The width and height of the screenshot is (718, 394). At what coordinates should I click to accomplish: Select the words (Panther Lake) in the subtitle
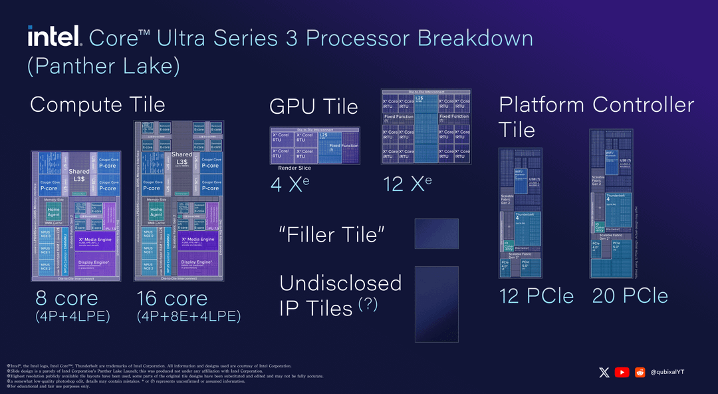(x=104, y=67)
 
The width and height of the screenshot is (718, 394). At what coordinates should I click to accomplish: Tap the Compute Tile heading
(x=97, y=104)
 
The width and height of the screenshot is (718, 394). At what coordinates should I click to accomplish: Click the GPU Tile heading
(x=313, y=106)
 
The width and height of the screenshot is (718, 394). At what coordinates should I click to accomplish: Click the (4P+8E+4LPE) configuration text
(x=188, y=317)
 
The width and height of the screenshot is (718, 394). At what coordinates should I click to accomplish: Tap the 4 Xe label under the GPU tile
(x=290, y=184)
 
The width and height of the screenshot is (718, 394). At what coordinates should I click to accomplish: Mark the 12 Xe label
(x=408, y=184)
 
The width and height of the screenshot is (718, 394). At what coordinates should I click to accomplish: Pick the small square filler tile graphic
(x=437, y=233)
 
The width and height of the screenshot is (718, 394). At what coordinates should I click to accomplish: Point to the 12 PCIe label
(x=537, y=296)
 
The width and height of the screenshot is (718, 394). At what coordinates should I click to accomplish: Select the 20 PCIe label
(x=630, y=296)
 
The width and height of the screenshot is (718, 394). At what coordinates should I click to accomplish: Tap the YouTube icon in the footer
(x=622, y=373)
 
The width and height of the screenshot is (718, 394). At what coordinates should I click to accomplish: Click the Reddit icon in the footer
(x=640, y=373)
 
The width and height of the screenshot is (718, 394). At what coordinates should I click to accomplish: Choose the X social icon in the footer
(x=604, y=373)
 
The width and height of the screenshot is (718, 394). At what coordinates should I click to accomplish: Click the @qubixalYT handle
(x=667, y=373)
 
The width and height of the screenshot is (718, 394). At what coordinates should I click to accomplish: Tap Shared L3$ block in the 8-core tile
(x=79, y=175)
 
